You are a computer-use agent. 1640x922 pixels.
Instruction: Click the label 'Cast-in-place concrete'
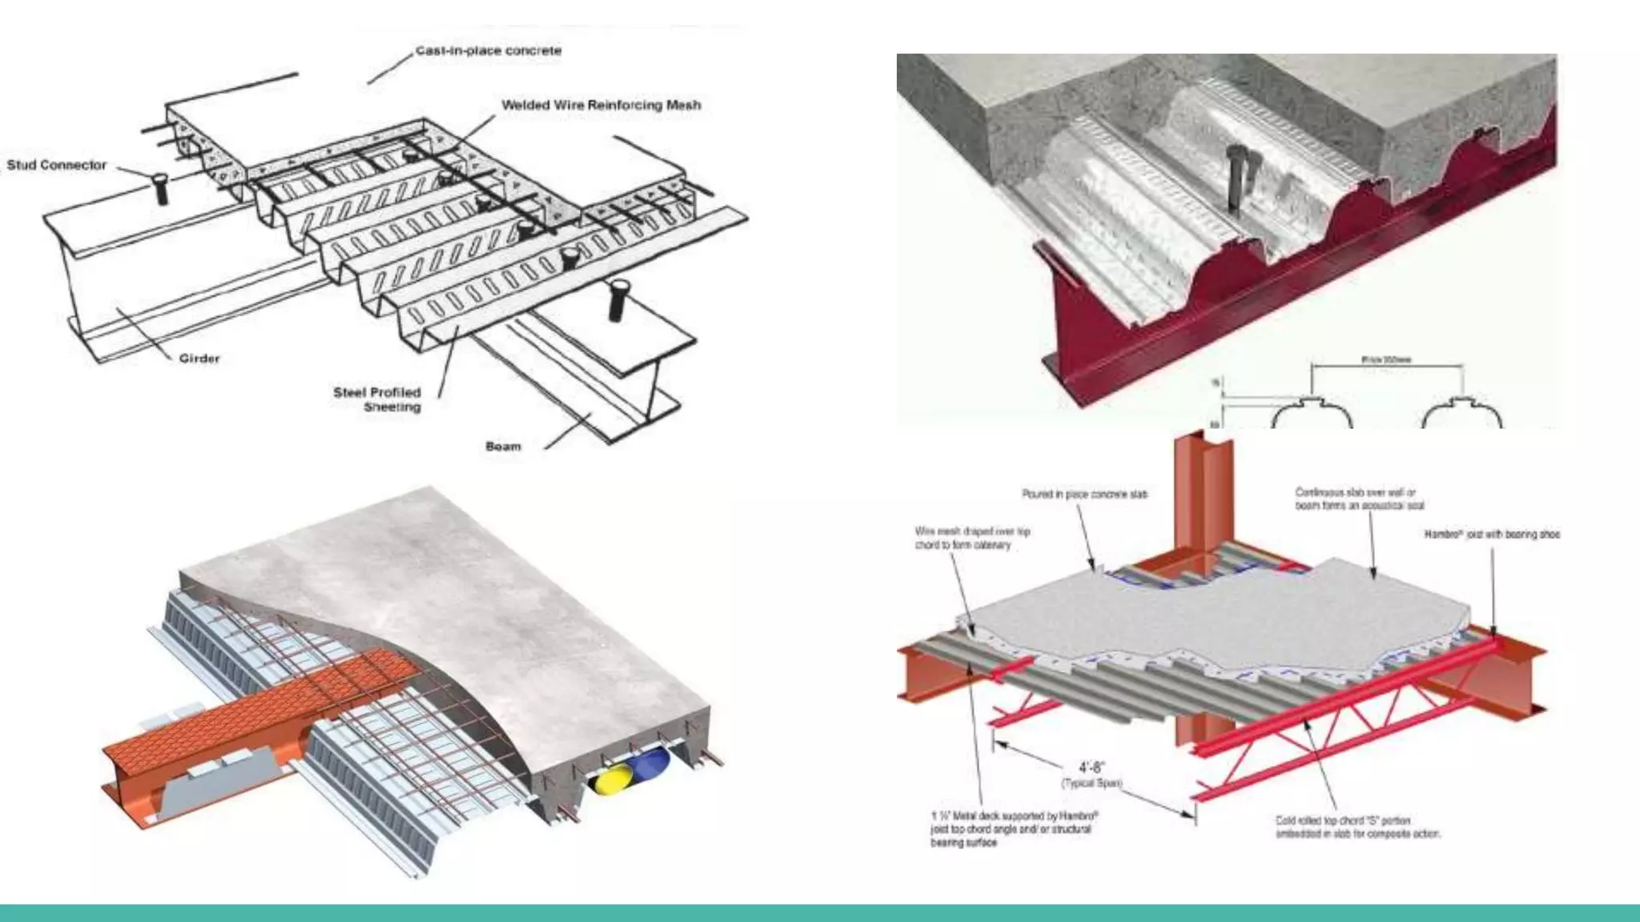pyautogui.click(x=488, y=51)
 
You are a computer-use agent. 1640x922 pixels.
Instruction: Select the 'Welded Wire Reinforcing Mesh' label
pyautogui.click(x=601, y=105)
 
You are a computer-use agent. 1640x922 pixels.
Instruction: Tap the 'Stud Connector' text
pyautogui.click(x=57, y=165)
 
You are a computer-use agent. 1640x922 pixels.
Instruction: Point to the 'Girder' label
pyautogui.click(x=199, y=359)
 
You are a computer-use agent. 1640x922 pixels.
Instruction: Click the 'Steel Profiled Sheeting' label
pyautogui.click(x=378, y=399)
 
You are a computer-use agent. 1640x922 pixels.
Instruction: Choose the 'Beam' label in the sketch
pyautogui.click(x=503, y=447)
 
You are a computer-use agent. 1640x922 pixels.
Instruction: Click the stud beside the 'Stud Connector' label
pyautogui.click(x=161, y=189)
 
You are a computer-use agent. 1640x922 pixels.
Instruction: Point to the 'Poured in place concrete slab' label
pyautogui.click(x=1084, y=495)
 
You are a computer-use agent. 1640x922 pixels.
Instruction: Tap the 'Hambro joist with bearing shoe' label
pyautogui.click(x=1492, y=534)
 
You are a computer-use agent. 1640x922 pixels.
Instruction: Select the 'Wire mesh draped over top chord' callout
pyautogui.click(x=972, y=538)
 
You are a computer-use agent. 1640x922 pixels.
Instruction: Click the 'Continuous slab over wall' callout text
pyautogui.click(x=1359, y=499)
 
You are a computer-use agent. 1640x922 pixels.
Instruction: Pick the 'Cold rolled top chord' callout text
pyautogui.click(x=1357, y=827)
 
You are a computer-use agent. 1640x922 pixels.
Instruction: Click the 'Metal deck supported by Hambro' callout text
pyautogui.click(x=1013, y=829)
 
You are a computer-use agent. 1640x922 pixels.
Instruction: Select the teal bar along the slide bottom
pyautogui.click(x=820, y=912)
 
